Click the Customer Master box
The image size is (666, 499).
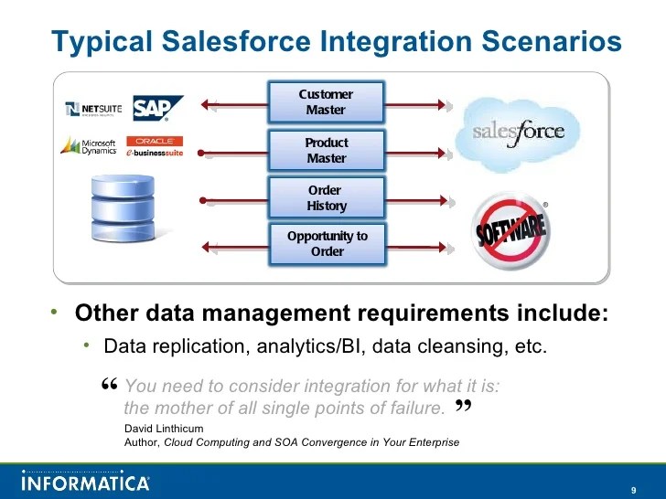pyautogui.click(x=326, y=102)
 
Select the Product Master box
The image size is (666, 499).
pyautogui.click(x=326, y=151)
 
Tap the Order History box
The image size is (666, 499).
pyautogui.click(x=326, y=198)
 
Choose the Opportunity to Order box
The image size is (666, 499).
pyautogui.click(x=326, y=244)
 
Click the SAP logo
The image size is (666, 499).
pyautogui.click(x=158, y=109)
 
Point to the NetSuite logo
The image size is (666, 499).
pyautogui.click(x=93, y=110)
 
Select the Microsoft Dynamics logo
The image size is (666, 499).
pyautogui.click(x=89, y=146)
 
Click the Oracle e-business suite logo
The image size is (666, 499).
pyautogui.click(x=155, y=147)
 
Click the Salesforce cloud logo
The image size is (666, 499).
pyautogui.click(x=518, y=133)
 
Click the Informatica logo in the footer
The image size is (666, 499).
pyautogui.click(x=85, y=481)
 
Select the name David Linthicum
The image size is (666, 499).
pyautogui.click(x=163, y=429)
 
